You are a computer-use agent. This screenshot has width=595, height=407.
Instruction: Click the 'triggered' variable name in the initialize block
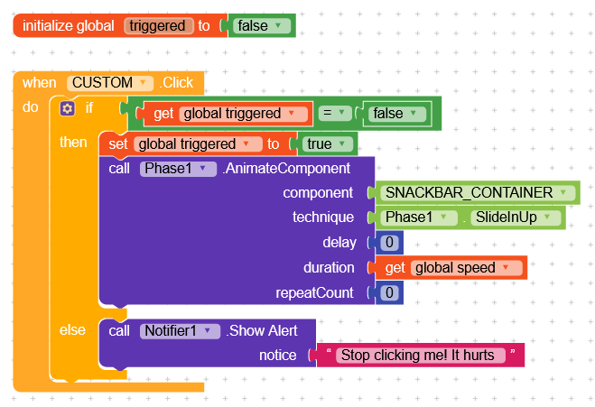point(158,25)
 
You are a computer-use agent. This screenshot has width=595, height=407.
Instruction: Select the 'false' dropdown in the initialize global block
point(263,25)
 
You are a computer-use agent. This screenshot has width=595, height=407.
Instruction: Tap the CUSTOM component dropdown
point(109,82)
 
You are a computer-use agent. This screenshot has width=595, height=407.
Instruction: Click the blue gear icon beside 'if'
point(67,108)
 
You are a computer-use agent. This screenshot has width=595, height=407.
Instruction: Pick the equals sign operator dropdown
point(334,114)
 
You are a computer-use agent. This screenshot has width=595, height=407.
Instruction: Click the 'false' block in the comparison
point(394,114)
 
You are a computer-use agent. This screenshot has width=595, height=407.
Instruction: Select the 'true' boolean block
point(325,143)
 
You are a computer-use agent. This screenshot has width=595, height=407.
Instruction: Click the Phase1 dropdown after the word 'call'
point(178,168)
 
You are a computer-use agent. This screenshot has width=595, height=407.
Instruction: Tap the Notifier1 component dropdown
point(180,330)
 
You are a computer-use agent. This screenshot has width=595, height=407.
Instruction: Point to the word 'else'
point(72,330)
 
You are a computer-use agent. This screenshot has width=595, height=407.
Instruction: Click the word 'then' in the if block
point(74,143)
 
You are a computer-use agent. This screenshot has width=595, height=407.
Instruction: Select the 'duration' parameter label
point(329,268)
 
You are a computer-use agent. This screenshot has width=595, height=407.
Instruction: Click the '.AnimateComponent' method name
point(286,168)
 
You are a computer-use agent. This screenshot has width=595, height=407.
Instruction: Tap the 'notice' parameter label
point(277,355)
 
